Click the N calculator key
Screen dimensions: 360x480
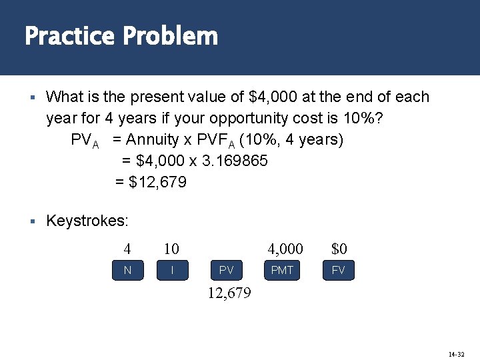tap(127, 270)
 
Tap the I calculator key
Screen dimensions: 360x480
tap(172, 270)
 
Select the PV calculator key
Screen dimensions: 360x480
tap(227, 270)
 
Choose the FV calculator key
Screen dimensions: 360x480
tap(338, 270)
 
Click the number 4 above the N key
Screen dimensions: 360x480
tap(127, 249)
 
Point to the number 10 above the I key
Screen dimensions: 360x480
tap(171, 249)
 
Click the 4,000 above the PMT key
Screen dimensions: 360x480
tap(285, 249)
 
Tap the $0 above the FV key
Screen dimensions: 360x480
tap(339, 249)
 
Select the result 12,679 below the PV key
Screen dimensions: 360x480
tap(229, 293)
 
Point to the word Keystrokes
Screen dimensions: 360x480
tap(87, 221)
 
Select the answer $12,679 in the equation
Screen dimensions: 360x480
tap(158, 182)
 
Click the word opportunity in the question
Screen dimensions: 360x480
tap(248, 118)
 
